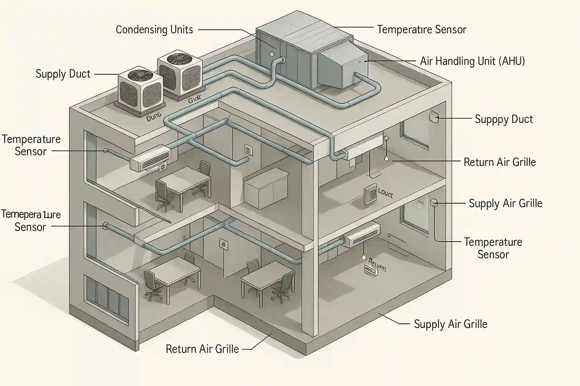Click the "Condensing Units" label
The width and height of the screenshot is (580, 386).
coord(154,30)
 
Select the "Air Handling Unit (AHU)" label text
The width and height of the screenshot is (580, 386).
coord(472,61)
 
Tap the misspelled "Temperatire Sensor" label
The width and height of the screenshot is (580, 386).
coord(421,30)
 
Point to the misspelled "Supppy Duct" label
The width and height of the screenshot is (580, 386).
coord(503,119)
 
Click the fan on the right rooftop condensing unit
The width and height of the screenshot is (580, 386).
coord(179,59)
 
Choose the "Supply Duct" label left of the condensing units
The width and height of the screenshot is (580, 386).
coord(63,74)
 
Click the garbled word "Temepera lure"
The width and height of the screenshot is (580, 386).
coord(31,215)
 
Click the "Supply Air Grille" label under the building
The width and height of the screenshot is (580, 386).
coord(450,324)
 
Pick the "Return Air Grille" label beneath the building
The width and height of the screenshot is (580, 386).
coord(202,349)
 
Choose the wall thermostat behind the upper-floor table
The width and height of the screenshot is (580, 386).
coord(248,149)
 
